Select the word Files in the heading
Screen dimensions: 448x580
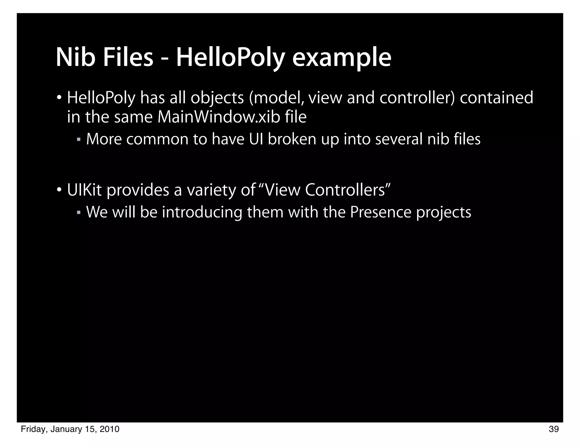128,58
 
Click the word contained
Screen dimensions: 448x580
496,98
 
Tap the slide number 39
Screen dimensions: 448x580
554,429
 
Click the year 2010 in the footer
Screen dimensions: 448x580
109,429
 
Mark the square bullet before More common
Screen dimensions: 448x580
79,140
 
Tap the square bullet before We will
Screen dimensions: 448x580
79,212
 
